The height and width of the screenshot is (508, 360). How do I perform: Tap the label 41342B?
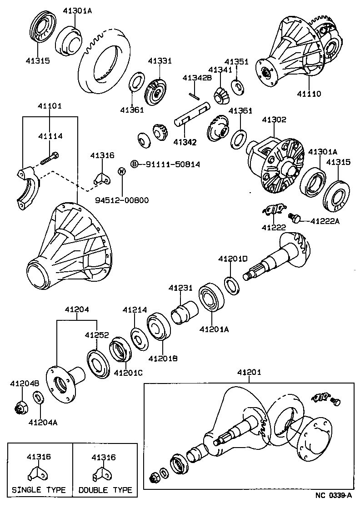coord(197,78)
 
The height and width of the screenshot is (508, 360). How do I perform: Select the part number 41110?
coord(309,94)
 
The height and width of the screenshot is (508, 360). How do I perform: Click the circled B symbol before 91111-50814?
coord(135,164)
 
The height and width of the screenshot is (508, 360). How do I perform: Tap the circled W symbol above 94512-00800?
coord(122,171)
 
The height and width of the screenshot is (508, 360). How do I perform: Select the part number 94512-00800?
coord(122,200)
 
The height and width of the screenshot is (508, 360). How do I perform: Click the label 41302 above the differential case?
coord(274,120)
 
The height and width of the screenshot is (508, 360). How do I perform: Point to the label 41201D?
coord(232,259)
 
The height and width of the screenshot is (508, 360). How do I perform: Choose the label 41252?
coord(96,335)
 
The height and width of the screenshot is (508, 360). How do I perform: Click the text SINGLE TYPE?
coord(39,490)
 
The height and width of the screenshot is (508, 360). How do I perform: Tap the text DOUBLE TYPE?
coord(105,490)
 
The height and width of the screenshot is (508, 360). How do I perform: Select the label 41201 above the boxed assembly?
coord(249,373)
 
